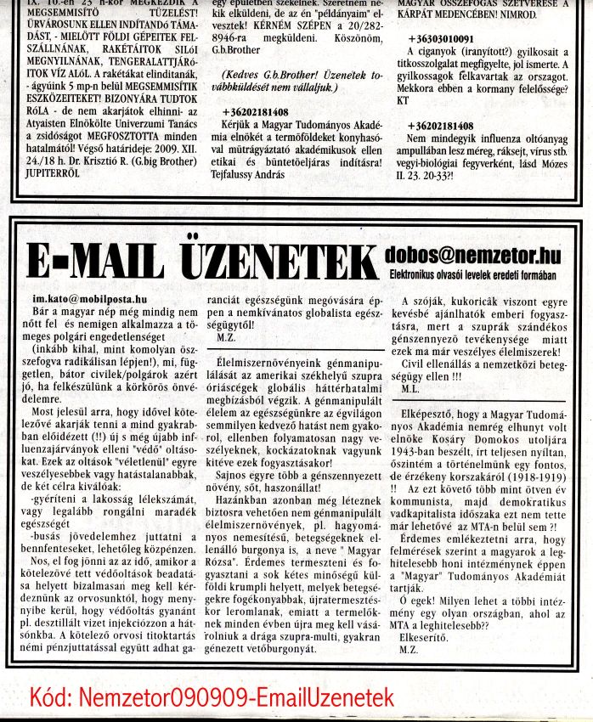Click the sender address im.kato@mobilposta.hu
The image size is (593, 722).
tap(90, 300)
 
